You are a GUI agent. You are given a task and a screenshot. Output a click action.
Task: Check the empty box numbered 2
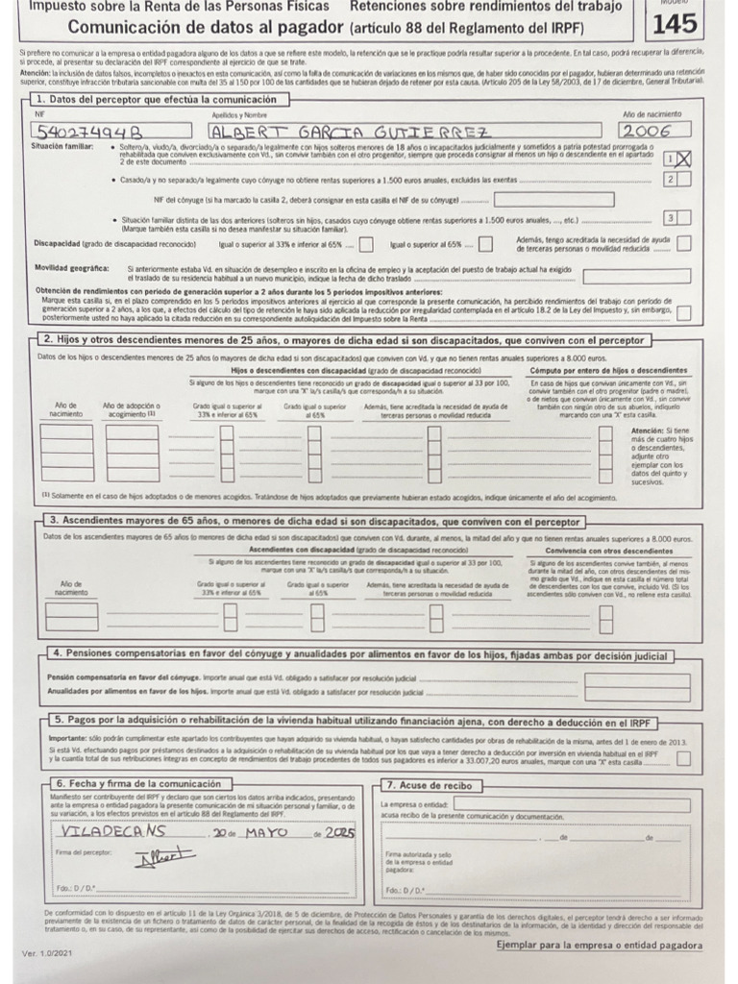[x=682, y=179]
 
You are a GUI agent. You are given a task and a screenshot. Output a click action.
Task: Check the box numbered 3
[x=682, y=218]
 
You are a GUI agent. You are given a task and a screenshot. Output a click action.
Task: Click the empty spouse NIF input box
[x=553, y=199]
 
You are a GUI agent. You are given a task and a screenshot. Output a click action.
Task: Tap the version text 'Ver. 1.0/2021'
[x=45, y=953]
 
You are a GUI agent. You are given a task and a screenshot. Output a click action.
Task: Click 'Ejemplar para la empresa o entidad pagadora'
[x=599, y=945]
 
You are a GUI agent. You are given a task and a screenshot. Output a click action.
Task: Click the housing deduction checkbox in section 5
[x=683, y=759]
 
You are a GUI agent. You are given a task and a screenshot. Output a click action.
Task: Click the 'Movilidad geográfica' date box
[x=636, y=276]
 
